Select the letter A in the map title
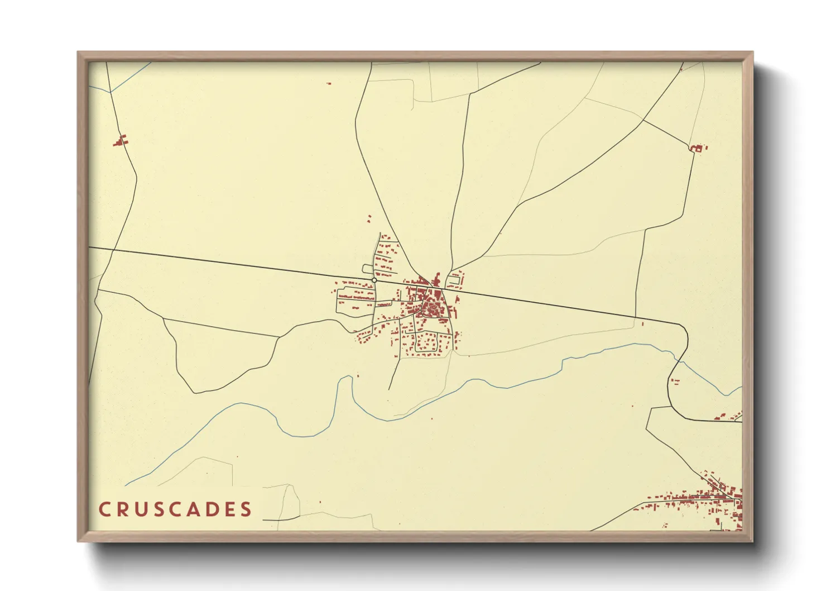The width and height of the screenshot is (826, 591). coord(201,509)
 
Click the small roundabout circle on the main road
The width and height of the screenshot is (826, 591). coord(374,280)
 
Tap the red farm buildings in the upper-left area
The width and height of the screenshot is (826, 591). coord(120,140)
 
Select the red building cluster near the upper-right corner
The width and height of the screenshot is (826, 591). coord(697,148)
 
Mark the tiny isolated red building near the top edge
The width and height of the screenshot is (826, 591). coord(329,83)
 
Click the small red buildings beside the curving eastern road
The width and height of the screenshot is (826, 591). coord(675,382)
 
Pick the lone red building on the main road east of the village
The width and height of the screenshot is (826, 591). coord(642,323)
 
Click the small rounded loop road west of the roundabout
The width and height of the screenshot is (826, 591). coord(368,269)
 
